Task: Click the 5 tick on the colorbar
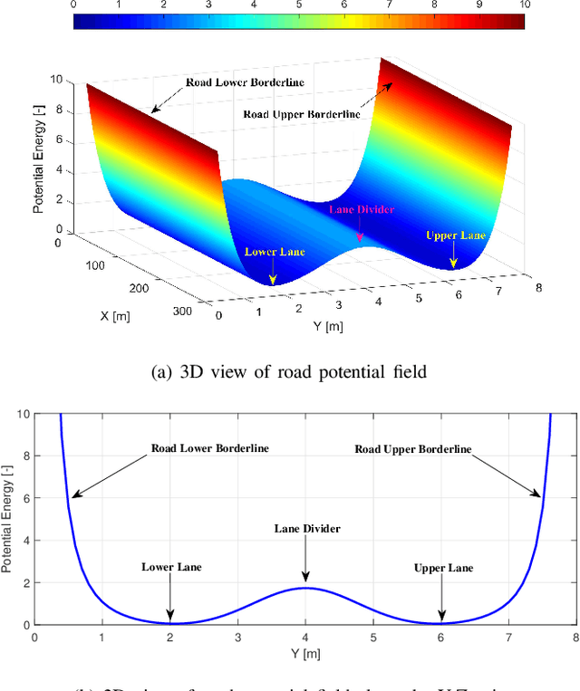click(x=298, y=6)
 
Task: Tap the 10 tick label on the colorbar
click(x=524, y=6)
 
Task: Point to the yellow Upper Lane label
click(x=456, y=235)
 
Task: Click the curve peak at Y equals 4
click(x=305, y=588)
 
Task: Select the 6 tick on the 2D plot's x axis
click(x=440, y=638)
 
